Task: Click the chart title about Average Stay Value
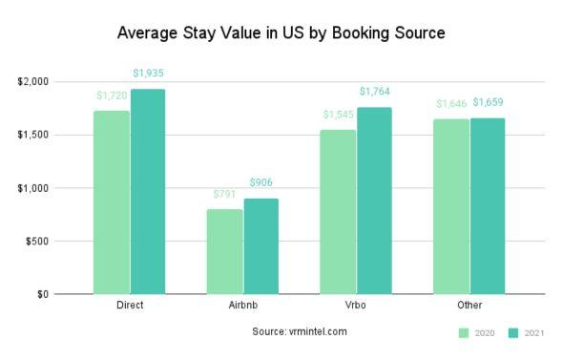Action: pos(281,32)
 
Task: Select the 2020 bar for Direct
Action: pos(112,201)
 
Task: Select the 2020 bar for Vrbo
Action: pos(338,211)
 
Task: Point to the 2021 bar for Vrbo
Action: pos(374,200)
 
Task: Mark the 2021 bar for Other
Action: pos(487,205)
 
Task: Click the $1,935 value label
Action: pos(148,73)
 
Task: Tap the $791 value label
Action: pos(225,194)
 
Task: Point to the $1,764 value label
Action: pos(374,92)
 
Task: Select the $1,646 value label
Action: pos(450,103)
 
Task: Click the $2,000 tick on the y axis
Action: pos(33,82)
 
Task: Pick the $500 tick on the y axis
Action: pos(39,241)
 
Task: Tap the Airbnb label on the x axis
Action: pos(242,307)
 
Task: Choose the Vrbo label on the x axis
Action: pos(356,307)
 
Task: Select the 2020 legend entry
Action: pos(478,332)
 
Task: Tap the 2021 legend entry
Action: pos(526,332)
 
